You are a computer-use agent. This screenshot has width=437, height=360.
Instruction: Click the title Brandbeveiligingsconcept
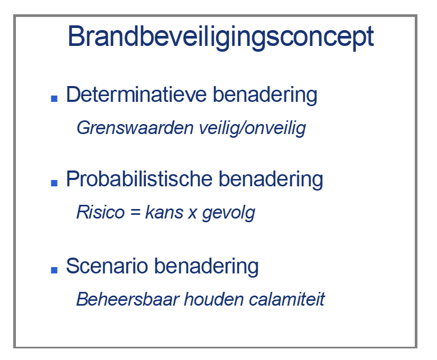pyautogui.click(x=221, y=37)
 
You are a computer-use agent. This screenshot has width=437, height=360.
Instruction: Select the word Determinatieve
pyautogui.click(x=136, y=94)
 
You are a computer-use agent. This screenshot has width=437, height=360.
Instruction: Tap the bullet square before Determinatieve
pyautogui.click(x=54, y=98)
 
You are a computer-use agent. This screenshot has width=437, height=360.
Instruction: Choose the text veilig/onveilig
pyautogui.click(x=253, y=129)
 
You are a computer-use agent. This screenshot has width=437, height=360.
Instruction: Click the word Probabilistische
pyautogui.click(x=139, y=179)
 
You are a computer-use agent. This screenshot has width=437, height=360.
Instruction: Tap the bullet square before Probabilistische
pyautogui.click(x=54, y=183)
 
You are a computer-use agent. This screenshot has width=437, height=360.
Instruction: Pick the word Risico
pyautogui.click(x=100, y=212)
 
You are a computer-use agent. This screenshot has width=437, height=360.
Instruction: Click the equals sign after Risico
pyautogui.click(x=135, y=212)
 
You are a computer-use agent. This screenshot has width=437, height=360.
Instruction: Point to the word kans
pyautogui.click(x=164, y=212)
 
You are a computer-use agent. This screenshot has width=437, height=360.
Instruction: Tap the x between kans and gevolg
pyautogui.click(x=192, y=214)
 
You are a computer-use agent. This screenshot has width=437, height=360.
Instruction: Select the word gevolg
pyautogui.click(x=228, y=214)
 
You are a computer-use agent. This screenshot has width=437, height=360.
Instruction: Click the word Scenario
pyautogui.click(x=107, y=266)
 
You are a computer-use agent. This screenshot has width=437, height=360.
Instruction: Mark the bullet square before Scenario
pyautogui.click(x=54, y=270)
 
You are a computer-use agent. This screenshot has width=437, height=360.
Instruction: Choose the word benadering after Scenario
pyautogui.click(x=206, y=267)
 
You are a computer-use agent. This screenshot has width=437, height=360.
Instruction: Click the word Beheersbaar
pyautogui.click(x=128, y=299)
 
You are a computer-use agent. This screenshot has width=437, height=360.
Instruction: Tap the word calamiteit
pyautogui.click(x=287, y=299)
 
